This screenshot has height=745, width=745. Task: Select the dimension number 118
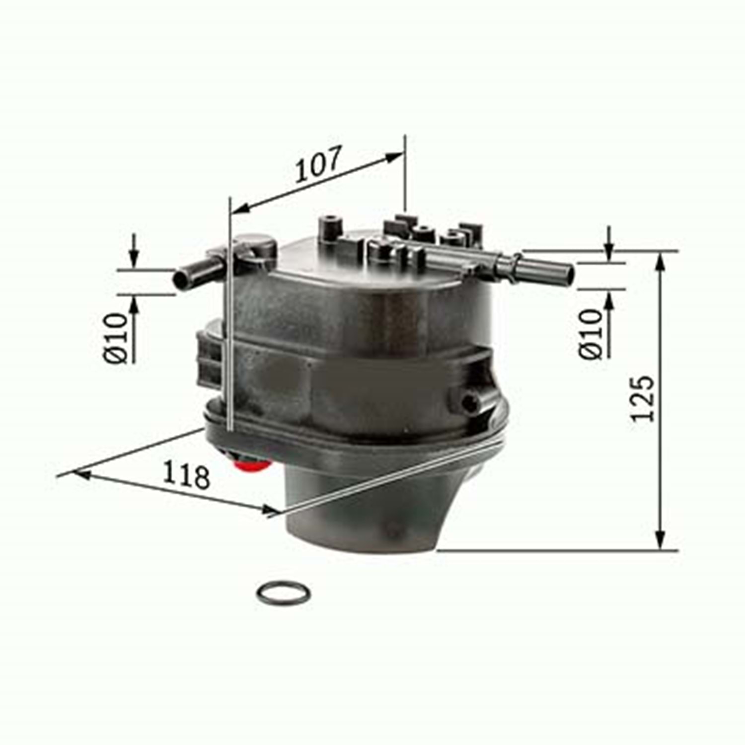pyautogui.click(x=187, y=475)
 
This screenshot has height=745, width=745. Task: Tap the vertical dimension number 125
pyautogui.click(x=643, y=399)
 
